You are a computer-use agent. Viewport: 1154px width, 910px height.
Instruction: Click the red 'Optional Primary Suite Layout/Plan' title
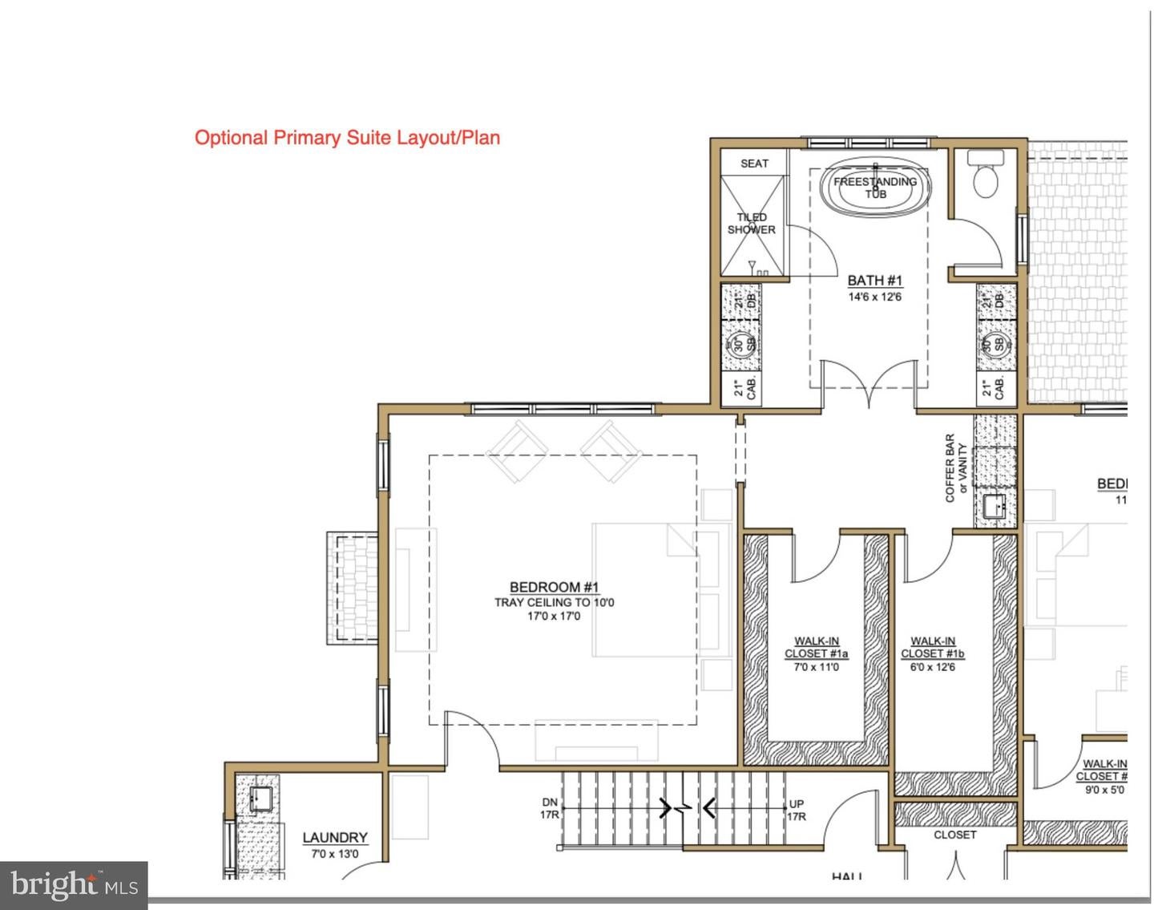[347, 137]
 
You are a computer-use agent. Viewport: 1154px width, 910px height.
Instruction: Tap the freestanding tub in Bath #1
[875, 187]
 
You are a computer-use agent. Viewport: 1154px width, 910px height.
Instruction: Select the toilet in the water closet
[986, 179]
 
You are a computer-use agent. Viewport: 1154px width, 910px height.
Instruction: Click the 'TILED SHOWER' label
[751, 224]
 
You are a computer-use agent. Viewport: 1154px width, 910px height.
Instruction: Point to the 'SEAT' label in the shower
[754, 164]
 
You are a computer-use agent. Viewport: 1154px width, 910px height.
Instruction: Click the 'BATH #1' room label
[874, 281]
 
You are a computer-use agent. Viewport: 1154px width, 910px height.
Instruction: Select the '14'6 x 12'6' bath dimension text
[874, 297]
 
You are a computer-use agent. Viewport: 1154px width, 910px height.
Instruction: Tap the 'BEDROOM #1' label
[554, 587]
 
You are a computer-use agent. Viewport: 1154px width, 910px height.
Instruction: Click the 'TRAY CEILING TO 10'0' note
[554, 602]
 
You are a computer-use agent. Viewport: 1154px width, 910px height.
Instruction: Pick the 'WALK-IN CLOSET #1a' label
[816, 647]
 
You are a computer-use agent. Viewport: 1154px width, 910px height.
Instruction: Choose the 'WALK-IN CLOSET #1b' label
[932, 647]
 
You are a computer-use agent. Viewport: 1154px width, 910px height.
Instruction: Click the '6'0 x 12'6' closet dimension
[932, 667]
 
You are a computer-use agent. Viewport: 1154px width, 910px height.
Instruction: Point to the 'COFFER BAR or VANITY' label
[955, 468]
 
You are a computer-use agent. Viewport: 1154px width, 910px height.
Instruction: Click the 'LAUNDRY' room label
[335, 838]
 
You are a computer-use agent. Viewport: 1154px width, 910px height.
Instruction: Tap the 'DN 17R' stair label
[550, 809]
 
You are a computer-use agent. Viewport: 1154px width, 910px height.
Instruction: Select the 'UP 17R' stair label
[797, 810]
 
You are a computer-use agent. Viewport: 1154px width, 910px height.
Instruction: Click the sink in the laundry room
[260, 799]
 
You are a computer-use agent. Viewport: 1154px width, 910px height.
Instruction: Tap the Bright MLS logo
[74, 885]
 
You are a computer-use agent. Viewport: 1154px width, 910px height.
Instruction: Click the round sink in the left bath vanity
[740, 345]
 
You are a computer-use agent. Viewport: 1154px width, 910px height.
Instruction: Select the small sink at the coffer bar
[994, 507]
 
